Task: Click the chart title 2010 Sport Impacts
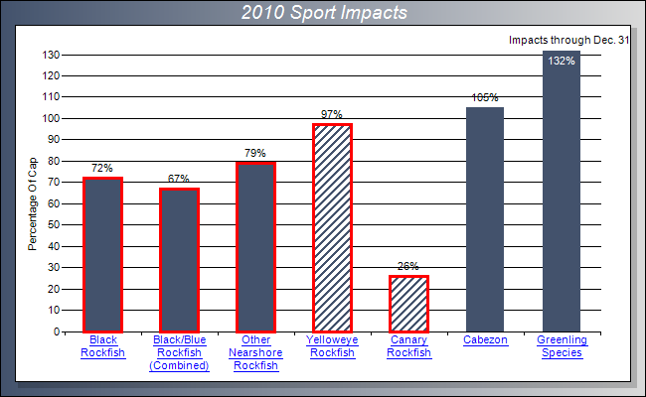point(322,13)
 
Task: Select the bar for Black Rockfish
point(102,255)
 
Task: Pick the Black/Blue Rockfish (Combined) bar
point(179,260)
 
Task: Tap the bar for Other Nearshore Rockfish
point(255,247)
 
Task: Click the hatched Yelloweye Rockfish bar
point(332,228)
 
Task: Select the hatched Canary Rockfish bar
point(408,304)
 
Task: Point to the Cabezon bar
point(485,219)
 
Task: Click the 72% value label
point(102,170)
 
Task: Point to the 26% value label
point(408,267)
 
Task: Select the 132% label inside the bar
point(562,62)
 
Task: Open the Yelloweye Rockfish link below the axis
point(332,346)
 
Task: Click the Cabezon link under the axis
point(485,340)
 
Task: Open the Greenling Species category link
point(562,346)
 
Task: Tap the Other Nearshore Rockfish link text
point(255,352)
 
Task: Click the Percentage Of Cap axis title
point(32,195)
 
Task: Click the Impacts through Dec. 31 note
point(568,41)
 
